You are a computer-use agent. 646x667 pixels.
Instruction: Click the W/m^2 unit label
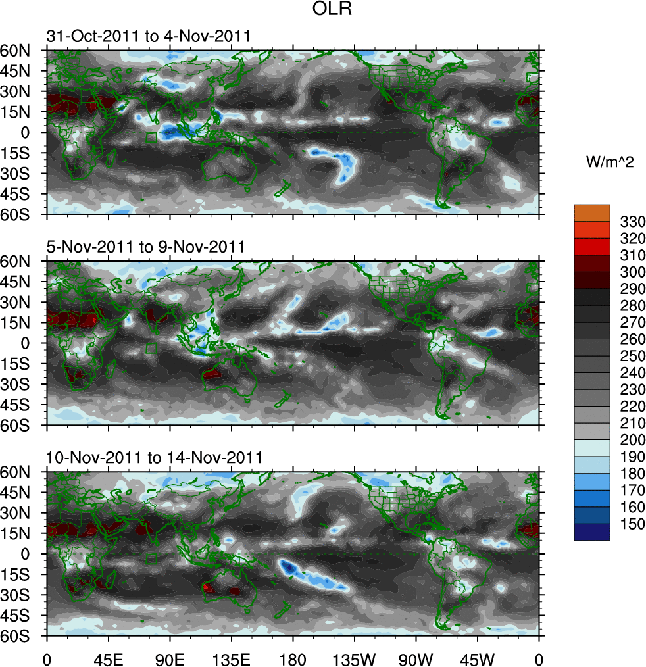(609, 161)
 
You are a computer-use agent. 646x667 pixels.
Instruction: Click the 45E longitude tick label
(109, 658)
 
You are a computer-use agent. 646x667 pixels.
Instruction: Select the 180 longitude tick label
(293, 658)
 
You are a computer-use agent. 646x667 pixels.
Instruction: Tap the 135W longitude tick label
(354, 658)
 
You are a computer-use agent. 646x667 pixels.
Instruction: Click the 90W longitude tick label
(416, 658)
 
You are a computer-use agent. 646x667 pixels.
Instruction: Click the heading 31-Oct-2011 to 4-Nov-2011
(149, 36)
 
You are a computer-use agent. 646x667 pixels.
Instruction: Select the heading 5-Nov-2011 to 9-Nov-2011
(146, 247)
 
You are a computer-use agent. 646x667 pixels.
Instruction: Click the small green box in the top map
(151, 137)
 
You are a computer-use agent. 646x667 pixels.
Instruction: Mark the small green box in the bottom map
(151, 558)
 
